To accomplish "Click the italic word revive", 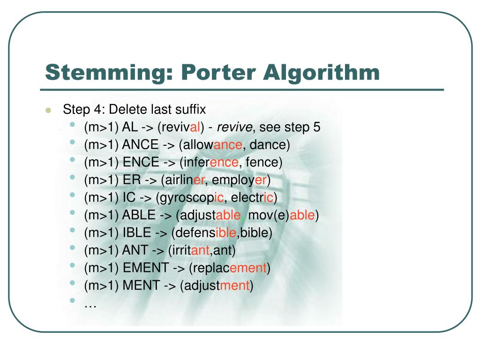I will [235, 127].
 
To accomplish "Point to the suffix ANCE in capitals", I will [140, 145].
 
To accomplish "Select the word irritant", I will [191, 251].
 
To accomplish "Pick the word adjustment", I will [217, 286].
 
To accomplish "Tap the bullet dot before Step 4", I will [48, 111].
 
